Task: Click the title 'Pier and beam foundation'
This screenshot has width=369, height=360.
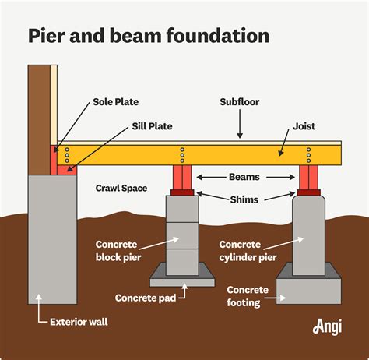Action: click(x=149, y=36)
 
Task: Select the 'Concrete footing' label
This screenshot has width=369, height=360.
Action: click(x=248, y=296)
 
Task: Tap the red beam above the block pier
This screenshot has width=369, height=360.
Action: click(x=181, y=178)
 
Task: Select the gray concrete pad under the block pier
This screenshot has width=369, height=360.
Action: click(x=181, y=273)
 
